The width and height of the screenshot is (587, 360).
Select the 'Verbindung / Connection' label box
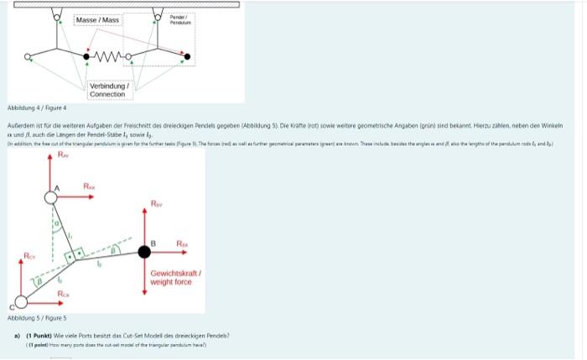click(x=107, y=89)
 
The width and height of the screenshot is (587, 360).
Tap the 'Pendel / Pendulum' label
click(x=179, y=18)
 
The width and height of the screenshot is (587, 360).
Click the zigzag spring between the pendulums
click(x=110, y=58)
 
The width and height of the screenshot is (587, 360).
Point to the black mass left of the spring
click(x=86, y=57)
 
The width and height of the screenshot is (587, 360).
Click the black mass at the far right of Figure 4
click(x=186, y=58)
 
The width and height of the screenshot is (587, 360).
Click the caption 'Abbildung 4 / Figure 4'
click(x=36, y=107)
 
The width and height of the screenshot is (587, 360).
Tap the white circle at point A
click(x=52, y=196)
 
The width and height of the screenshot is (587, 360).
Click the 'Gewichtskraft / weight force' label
click(x=172, y=278)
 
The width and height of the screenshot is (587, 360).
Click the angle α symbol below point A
click(x=55, y=224)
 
